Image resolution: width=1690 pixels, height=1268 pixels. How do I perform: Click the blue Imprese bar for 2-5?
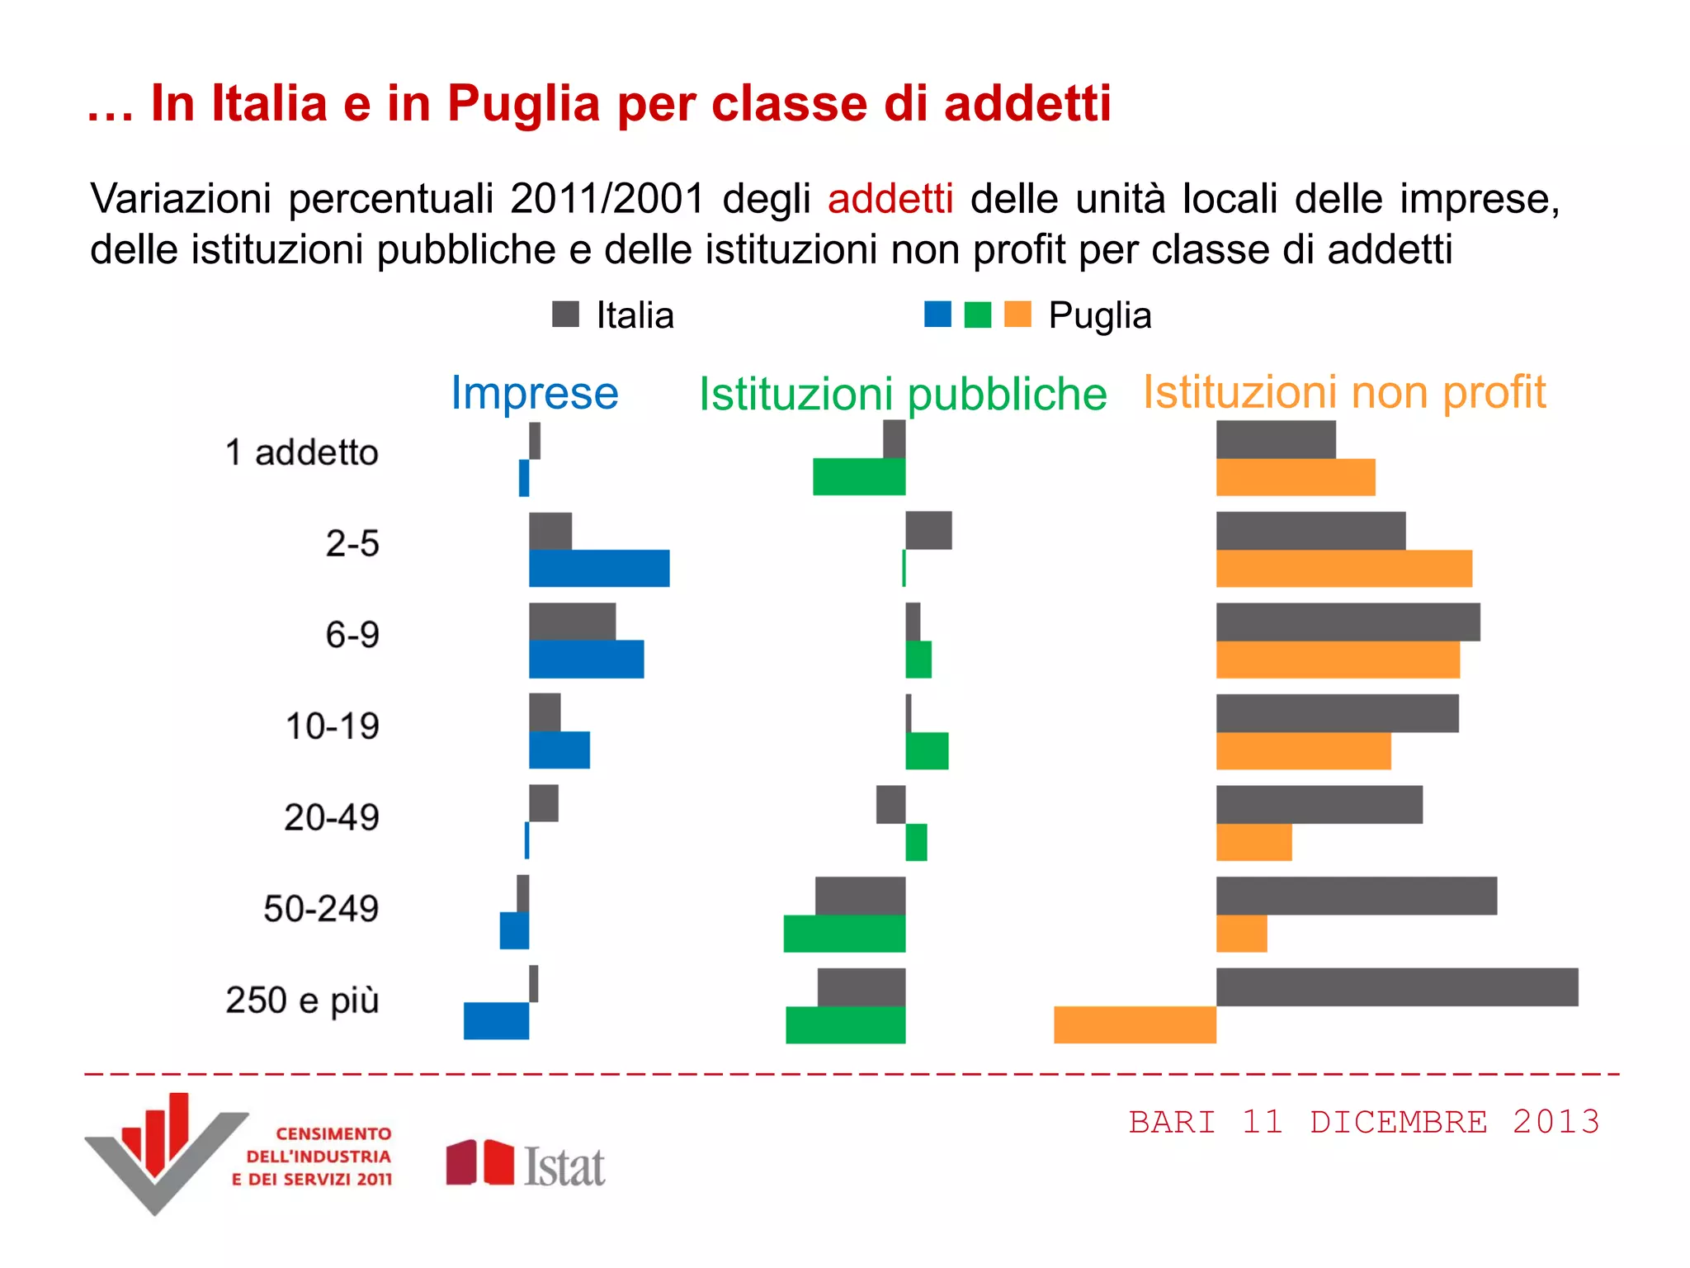click(599, 569)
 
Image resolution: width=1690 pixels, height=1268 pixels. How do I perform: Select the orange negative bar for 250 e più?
click(1135, 1024)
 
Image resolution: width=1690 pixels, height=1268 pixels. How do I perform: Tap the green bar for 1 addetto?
click(859, 477)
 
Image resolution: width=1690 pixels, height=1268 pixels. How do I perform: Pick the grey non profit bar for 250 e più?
click(1397, 987)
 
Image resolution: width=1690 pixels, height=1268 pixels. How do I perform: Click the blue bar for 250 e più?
click(496, 1021)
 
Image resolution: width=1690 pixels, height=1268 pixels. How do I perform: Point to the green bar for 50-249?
click(844, 934)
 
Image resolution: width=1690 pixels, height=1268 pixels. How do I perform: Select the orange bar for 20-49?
click(1253, 843)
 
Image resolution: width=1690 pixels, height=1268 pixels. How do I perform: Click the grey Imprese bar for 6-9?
click(572, 622)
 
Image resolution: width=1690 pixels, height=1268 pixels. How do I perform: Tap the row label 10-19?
click(332, 726)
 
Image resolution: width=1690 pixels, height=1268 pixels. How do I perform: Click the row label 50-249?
click(321, 909)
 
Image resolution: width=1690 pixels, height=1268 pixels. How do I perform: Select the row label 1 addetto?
click(302, 452)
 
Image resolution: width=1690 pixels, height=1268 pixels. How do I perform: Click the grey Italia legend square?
click(565, 315)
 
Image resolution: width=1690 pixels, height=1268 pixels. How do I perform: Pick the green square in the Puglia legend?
click(977, 315)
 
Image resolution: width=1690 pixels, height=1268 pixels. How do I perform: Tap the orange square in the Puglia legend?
click(1017, 315)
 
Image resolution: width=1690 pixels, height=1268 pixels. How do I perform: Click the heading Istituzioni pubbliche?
click(903, 394)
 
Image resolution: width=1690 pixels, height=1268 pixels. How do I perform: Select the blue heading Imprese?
click(534, 393)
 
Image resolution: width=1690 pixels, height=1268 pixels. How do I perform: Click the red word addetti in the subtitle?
click(890, 199)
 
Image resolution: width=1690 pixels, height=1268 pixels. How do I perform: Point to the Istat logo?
click(526, 1165)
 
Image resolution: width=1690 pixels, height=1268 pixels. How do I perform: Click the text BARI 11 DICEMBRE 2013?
click(1364, 1123)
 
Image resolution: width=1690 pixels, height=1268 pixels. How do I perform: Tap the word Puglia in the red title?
click(523, 104)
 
